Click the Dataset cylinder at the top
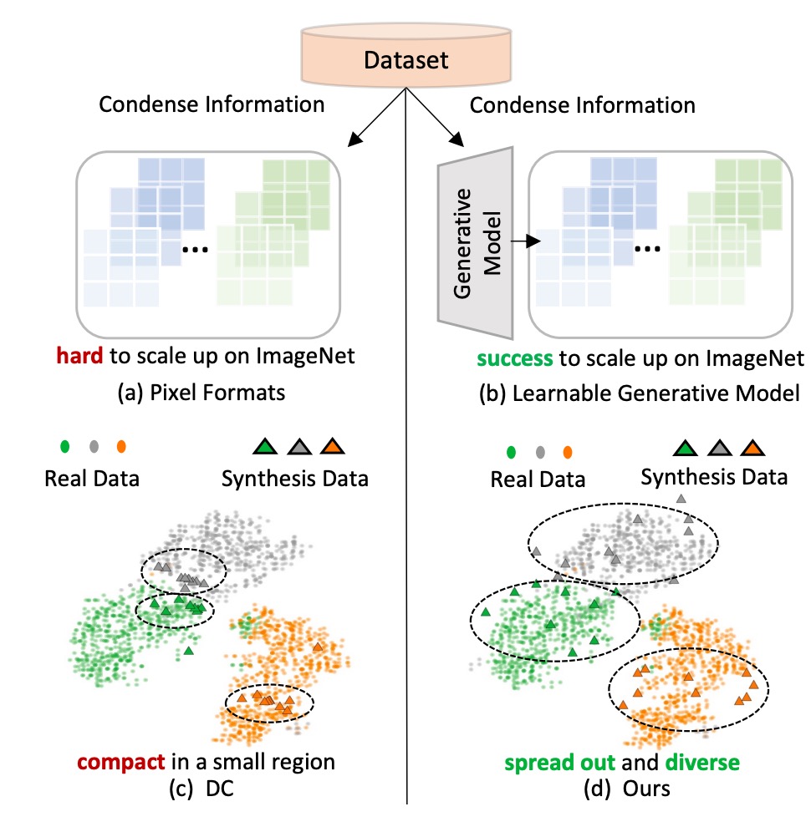405,60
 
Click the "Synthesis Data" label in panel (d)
713,478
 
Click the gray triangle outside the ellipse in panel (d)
681,499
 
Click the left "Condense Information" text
212,105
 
